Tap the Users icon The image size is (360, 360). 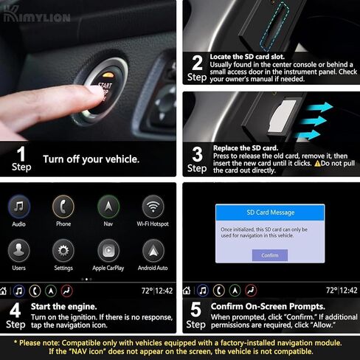pyautogui.click(x=20, y=250)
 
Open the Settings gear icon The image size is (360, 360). pyautogui.click(x=63, y=250)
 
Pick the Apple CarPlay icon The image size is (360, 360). pyautogui.click(x=108, y=250)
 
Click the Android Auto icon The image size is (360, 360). pyautogui.click(x=153, y=250)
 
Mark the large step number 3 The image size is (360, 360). pyautogui.click(x=197, y=153)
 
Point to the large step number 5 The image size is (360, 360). pyautogui.click(x=196, y=310)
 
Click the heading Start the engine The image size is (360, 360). pyautogui.click(x=63, y=306)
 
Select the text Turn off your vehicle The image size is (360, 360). pyautogui.click(x=90, y=159)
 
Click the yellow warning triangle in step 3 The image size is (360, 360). pyautogui.click(x=318, y=163)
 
